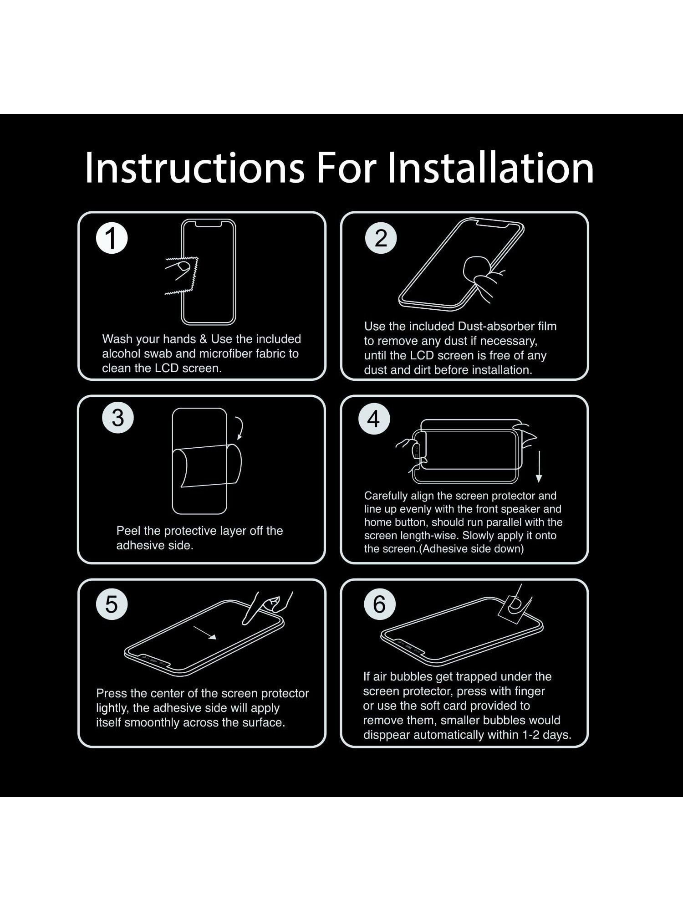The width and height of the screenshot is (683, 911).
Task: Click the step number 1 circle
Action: coord(112,238)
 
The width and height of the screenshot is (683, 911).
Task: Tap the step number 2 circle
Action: coord(381,238)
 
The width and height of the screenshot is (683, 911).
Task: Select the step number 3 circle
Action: coord(117,417)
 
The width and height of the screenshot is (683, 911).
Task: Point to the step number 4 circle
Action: coord(374,419)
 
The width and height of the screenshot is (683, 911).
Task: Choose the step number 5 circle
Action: coord(112,604)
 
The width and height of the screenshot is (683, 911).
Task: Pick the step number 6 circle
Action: coord(379,604)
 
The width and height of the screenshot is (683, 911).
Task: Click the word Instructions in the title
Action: coord(194,168)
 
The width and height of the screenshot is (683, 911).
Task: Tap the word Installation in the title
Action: coord(490,168)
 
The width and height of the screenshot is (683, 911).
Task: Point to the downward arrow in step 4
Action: coord(539,466)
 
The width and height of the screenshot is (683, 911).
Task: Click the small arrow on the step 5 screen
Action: coord(205,633)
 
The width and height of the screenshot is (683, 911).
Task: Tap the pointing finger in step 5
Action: coord(266,608)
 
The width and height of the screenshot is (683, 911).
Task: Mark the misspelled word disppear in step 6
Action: coord(387,735)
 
